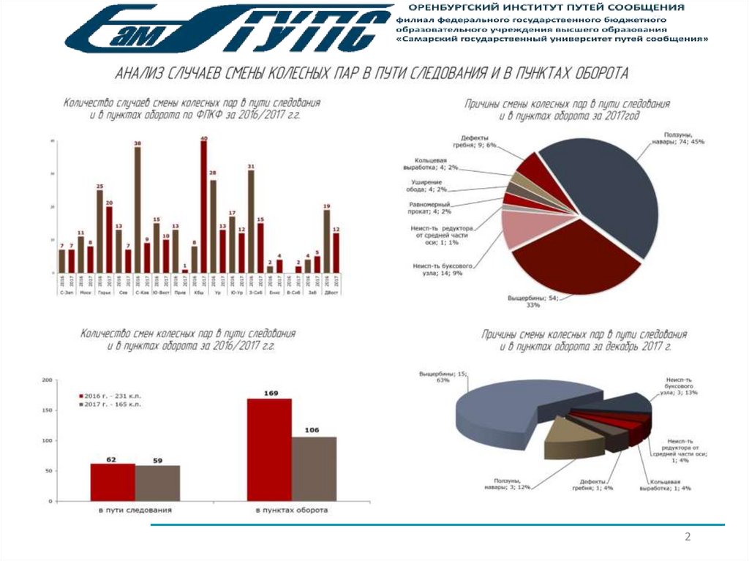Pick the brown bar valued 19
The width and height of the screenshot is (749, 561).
[x=326, y=241]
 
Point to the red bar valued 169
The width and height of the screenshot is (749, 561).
[x=269, y=451]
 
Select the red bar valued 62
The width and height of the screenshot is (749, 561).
[x=113, y=483]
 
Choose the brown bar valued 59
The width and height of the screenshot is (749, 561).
[x=157, y=483]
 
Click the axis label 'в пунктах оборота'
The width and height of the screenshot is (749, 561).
[x=291, y=510]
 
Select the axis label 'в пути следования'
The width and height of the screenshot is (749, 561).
[x=135, y=510]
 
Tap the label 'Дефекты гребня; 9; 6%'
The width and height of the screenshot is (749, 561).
[x=478, y=141]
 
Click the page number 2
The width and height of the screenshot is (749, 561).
[x=688, y=538]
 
